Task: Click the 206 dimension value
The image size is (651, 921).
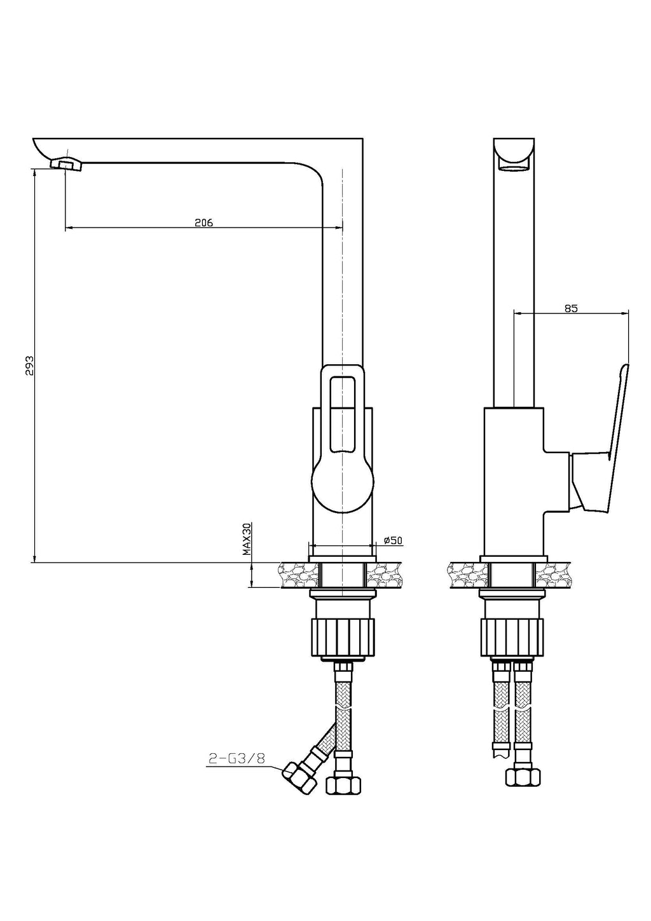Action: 203,222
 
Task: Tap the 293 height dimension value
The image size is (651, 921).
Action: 30,365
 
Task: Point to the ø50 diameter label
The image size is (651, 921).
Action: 393,540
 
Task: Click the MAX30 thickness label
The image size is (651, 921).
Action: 246,539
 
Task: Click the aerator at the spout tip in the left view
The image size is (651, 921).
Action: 67,165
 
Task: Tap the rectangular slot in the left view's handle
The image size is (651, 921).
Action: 341,413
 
